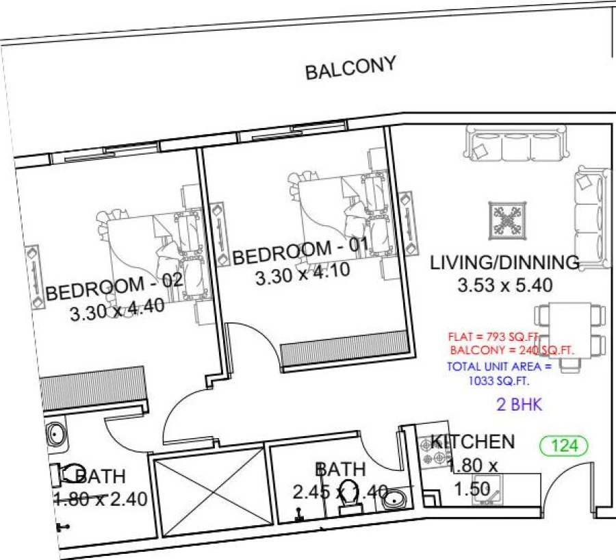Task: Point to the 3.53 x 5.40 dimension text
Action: [x=504, y=285]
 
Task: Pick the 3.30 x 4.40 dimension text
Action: [x=117, y=310]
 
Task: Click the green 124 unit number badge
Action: [x=564, y=446]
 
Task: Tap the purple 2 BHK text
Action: [x=519, y=405]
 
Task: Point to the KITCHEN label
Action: [x=472, y=442]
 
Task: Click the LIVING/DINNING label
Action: [x=504, y=262]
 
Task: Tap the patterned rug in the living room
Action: [x=507, y=221]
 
